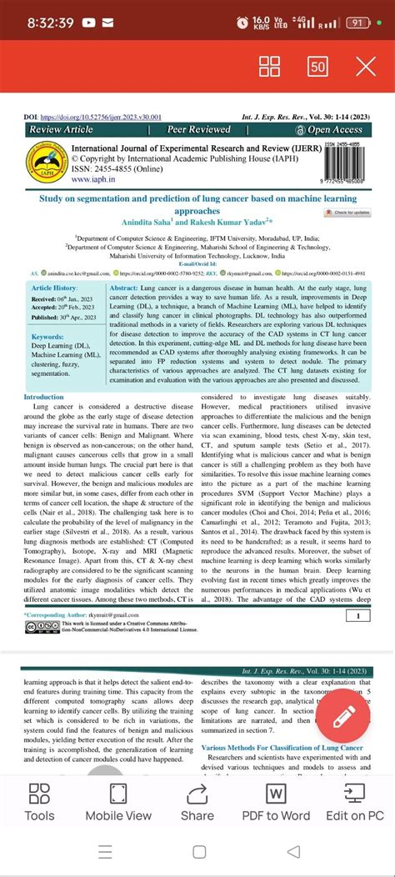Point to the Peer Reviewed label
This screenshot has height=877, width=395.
tap(198, 130)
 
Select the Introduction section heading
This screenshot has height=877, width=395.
tap(44, 397)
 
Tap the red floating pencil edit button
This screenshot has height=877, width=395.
tap(339, 718)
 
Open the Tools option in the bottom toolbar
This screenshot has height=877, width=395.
tap(39, 804)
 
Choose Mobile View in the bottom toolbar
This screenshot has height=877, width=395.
tap(118, 804)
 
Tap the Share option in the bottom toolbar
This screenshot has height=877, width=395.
tap(197, 804)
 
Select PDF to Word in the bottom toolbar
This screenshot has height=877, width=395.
tap(276, 804)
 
